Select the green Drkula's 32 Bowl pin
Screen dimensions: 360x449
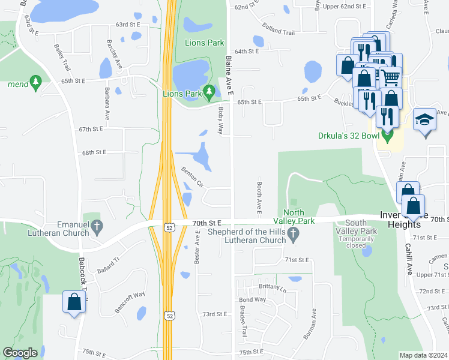click(x=388, y=137)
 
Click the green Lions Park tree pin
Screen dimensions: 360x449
click(x=209, y=92)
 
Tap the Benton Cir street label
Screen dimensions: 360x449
click(x=193, y=175)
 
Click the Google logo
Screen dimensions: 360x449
click(x=20, y=353)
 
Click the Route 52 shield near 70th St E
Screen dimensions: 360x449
click(x=170, y=225)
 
